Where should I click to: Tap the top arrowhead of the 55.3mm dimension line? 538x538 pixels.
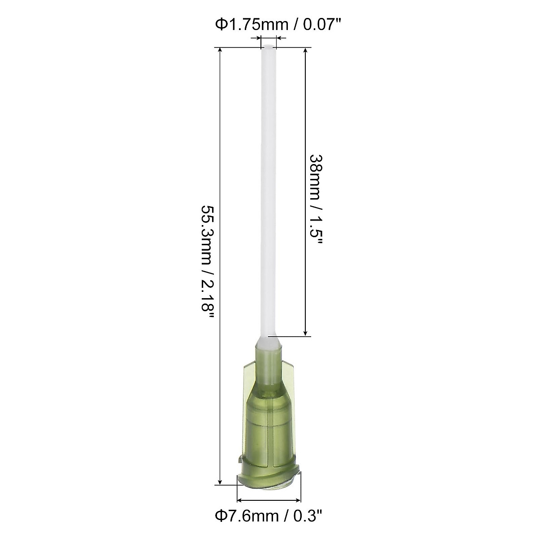point(220,51)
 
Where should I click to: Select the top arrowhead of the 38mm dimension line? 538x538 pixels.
point(306,51)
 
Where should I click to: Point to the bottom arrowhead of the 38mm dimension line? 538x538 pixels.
point(306,332)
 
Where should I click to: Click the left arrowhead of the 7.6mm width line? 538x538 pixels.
point(239,500)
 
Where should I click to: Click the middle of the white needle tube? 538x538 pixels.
point(269,193)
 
